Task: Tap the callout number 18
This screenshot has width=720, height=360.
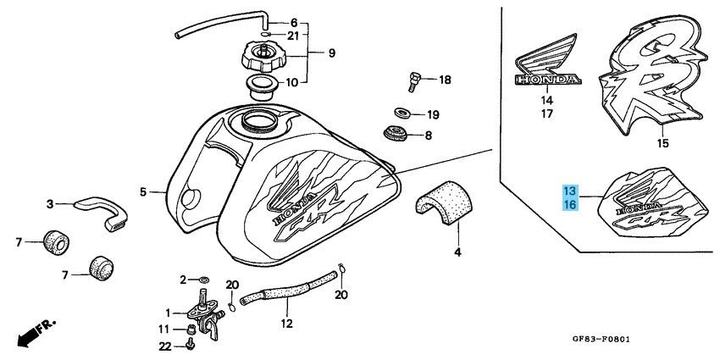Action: [445, 80]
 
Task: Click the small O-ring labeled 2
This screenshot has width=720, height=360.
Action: [202, 279]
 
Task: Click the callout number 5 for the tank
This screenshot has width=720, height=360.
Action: [143, 191]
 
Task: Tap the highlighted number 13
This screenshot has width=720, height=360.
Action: [569, 191]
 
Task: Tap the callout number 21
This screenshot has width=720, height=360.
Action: [292, 36]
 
